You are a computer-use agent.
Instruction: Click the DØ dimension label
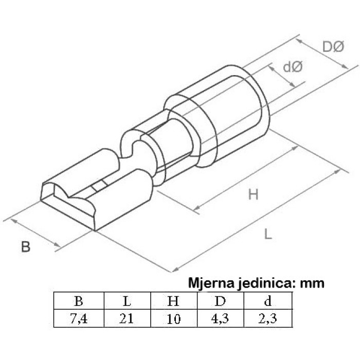[x=333, y=47]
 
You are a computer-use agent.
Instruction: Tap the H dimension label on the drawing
[x=254, y=194]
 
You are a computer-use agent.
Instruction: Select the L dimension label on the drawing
[x=268, y=234]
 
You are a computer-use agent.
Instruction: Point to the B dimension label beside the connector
[x=26, y=247]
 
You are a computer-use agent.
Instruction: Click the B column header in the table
[x=79, y=301]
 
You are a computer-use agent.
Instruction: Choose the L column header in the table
[x=127, y=301]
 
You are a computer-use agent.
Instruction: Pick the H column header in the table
[x=173, y=301]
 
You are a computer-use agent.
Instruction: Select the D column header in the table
[x=220, y=301]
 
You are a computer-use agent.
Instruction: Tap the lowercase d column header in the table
[x=268, y=300]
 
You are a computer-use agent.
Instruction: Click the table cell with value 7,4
[x=79, y=319]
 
